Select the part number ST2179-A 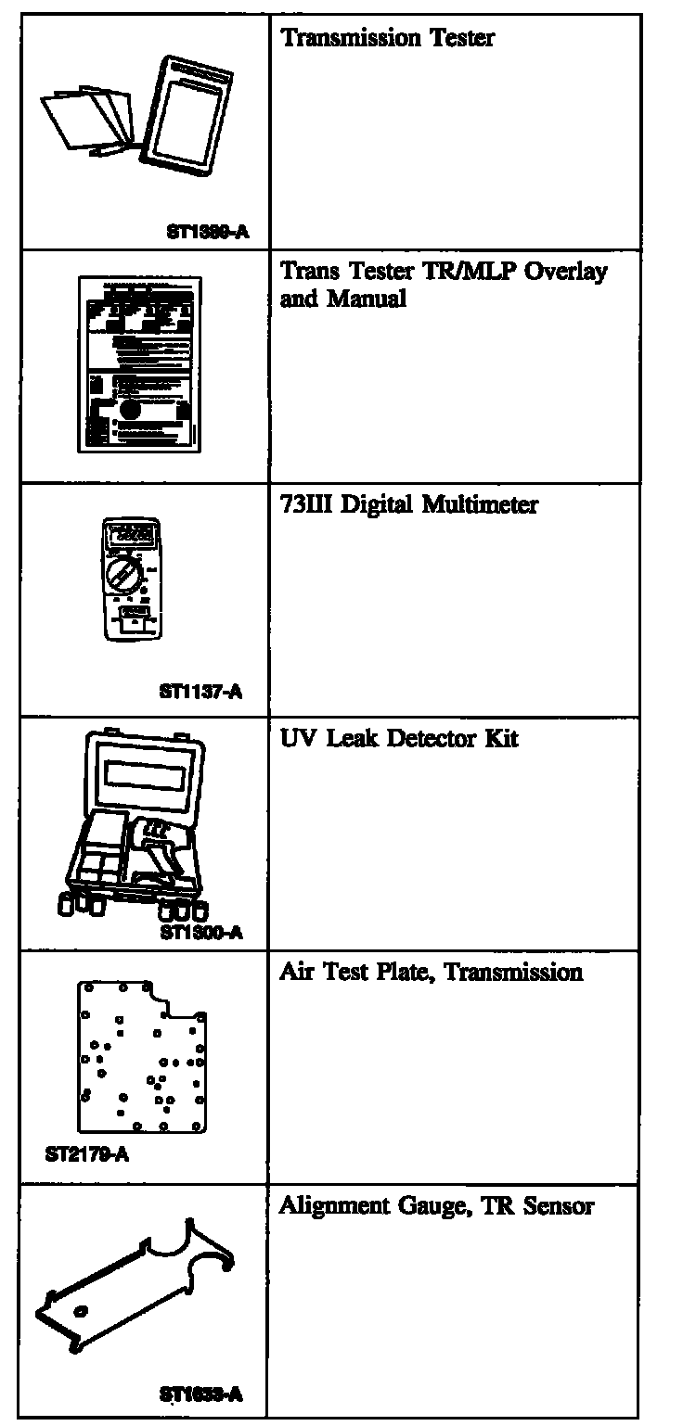coord(86,1156)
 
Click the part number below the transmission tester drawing coord(207,233)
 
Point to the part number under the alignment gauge coord(201,1394)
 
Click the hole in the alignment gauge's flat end coord(80,1312)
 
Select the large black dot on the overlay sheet coord(130,409)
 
